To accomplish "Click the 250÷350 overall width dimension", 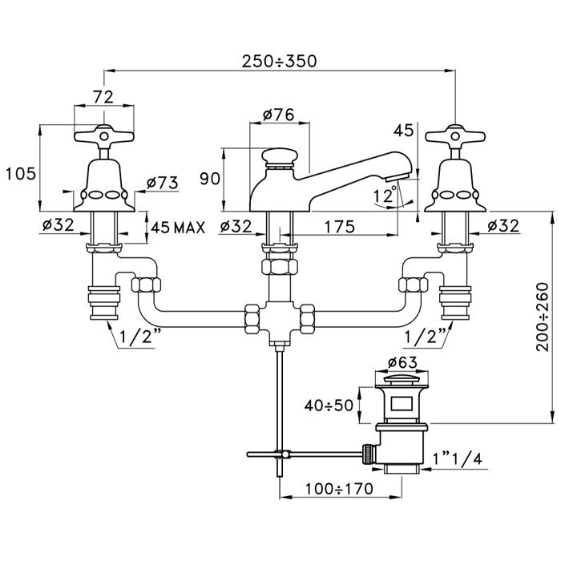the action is coord(279,61).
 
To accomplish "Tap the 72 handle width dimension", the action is coord(103,97).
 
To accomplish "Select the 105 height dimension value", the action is coord(21,174).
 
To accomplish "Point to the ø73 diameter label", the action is coord(163,183).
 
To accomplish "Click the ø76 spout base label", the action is coord(279,115).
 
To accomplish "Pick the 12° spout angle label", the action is coord(385,195).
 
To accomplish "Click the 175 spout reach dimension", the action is coord(340,227).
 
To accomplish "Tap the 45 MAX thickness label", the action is coord(178,228).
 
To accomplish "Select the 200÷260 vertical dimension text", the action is coord(543,317).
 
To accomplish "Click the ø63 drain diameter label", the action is coord(402,363).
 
